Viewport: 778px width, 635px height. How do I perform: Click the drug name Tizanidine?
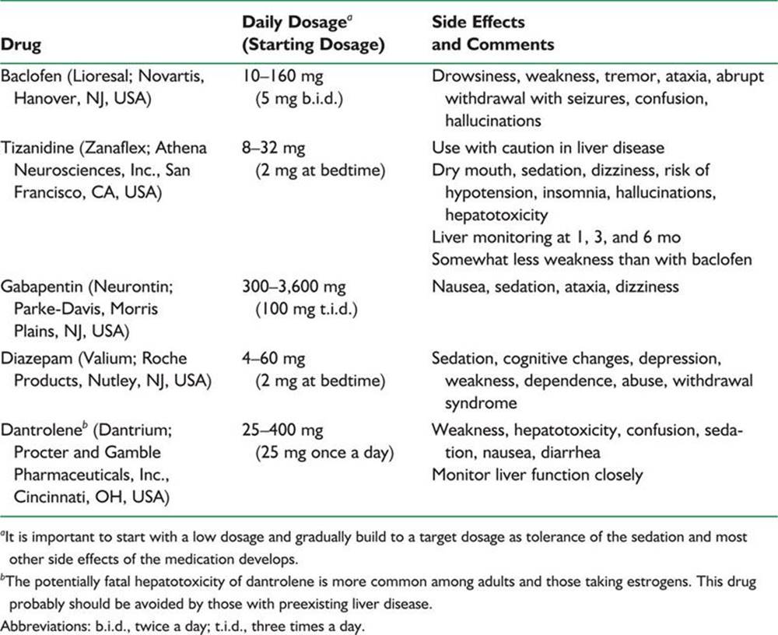(x=37, y=148)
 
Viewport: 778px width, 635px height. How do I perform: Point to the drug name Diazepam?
(x=36, y=359)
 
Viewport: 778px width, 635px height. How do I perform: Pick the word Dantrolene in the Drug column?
(x=40, y=430)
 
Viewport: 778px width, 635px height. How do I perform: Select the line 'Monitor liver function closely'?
(x=538, y=474)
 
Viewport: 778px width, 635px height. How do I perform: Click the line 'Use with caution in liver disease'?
(x=548, y=148)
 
